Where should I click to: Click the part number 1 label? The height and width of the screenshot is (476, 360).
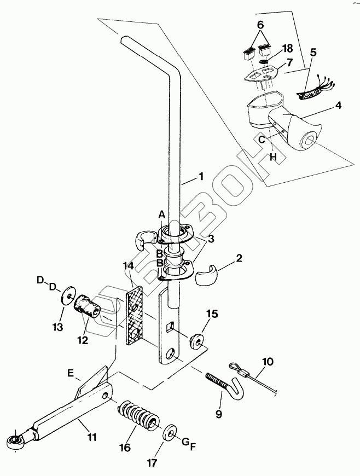click(x=201, y=176)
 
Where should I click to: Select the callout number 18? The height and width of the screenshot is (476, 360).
click(x=287, y=48)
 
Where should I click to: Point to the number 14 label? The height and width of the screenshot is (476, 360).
click(x=128, y=266)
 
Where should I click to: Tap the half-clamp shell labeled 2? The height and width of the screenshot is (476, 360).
click(x=207, y=275)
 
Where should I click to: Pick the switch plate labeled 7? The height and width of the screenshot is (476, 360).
click(x=263, y=73)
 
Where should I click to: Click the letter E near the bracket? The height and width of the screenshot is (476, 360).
click(x=71, y=373)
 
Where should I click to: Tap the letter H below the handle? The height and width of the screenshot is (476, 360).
click(x=274, y=157)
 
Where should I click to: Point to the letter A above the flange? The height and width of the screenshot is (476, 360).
click(x=162, y=214)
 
